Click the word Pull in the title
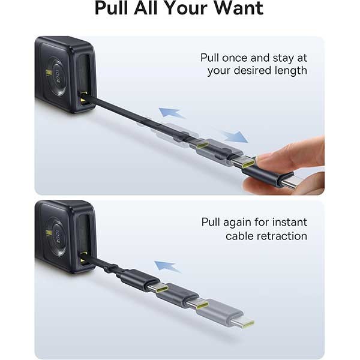(x=112, y=8)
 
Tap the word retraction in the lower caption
(x=282, y=236)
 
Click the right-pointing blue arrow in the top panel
(x=234, y=136)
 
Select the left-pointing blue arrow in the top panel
(x=172, y=112)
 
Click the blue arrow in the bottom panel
(x=167, y=266)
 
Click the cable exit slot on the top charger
(x=83, y=100)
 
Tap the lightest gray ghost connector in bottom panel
(x=226, y=314)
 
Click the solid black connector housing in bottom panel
(x=140, y=280)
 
